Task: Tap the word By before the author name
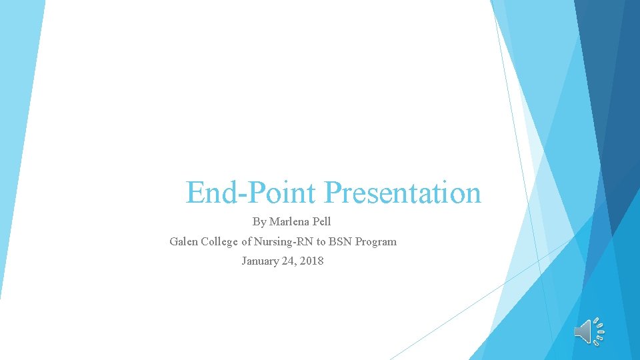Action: [x=259, y=221]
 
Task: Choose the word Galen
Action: [x=183, y=241]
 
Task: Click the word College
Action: [x=219, y=241]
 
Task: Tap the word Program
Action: [x=376, y=241]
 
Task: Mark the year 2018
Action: [x=312, y=261]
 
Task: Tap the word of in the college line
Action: [x=247, y=241]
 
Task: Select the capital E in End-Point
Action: [x=195, y=193]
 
